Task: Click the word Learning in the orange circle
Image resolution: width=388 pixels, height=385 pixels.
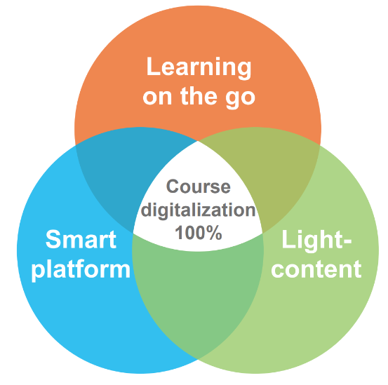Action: [x=199, y=67]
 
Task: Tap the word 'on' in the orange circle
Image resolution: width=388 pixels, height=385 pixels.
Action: [x=157, y=97]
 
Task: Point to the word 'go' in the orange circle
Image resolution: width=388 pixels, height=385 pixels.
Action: [x=240, y=99]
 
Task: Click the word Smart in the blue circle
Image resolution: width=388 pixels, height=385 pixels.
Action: [x=81, y=239]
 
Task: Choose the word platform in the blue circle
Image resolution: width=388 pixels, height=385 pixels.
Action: [x=81, y=269]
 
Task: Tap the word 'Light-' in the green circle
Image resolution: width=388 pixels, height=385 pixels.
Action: [x=316, y=241]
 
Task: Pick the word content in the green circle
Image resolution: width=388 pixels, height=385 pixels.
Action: [x=316, y=269]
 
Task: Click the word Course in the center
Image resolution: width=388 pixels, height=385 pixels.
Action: [x=198, y=187]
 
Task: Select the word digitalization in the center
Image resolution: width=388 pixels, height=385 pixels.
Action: [x=198, y=210]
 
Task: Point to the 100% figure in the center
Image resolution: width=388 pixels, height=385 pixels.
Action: [x=198, y=232]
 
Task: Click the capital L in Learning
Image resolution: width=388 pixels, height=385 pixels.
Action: [x=154, y=66]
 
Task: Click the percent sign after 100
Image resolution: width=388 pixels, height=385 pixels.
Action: [x=214, y=232]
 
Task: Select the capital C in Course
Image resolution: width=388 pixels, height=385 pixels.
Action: [x=173, y=187]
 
